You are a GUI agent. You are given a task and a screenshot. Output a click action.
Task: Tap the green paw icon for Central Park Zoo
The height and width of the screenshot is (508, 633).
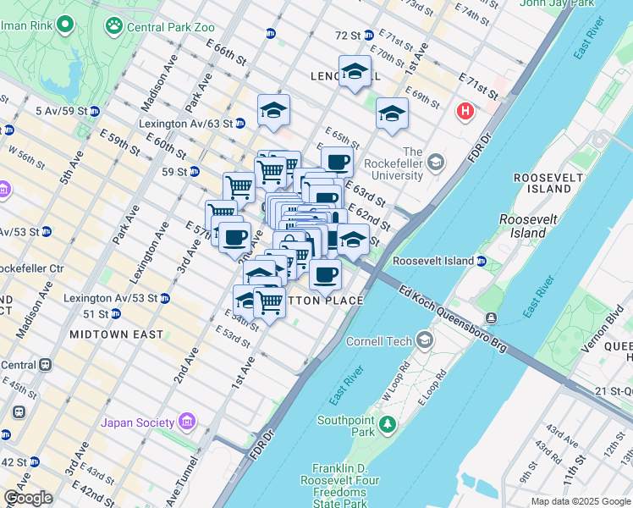point(114,26)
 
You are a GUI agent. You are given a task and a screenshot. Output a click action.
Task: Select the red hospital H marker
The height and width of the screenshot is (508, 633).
point(465,111)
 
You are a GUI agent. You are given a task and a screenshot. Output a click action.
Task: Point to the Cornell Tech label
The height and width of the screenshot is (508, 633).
point(379,341)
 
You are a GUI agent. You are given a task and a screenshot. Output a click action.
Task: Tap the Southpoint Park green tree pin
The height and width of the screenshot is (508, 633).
point(388,423)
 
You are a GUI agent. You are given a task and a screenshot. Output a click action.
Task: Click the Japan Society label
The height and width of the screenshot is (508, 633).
point(138,422)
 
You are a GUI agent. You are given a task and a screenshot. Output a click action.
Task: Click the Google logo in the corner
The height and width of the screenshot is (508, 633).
point(28,497)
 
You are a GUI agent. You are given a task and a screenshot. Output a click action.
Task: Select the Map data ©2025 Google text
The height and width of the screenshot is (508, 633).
point(581,501)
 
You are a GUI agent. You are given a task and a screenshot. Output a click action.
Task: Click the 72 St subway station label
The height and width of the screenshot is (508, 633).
point(348,36)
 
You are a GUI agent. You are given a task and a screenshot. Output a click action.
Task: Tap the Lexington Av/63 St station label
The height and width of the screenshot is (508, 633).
point(185,123)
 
